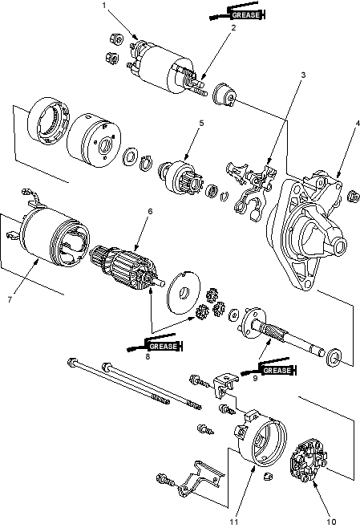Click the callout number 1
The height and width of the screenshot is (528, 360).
coord(104,6)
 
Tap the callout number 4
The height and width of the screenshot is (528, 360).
coord(358,124)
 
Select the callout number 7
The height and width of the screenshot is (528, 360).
coord(10,299)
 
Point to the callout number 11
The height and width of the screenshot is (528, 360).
coord(234,522)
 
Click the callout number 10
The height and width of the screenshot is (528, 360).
coord(331,522)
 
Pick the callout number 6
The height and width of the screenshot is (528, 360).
coord(150,211)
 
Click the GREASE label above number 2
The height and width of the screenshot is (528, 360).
coord(246,15)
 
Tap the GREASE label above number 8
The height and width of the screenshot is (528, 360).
coord(164,346)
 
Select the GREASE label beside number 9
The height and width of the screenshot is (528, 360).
coord(277,371)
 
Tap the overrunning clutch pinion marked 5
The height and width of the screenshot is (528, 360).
coord(180,177)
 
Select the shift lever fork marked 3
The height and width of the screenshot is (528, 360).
coord(252,190)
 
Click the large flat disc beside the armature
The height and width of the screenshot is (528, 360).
coord(184,292)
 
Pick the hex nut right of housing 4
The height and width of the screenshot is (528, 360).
coord(352,196)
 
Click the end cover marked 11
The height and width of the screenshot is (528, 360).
coord(261,437)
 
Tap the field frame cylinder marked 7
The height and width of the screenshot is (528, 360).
coord(54,237)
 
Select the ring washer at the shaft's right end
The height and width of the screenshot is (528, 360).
coord(334,357)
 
